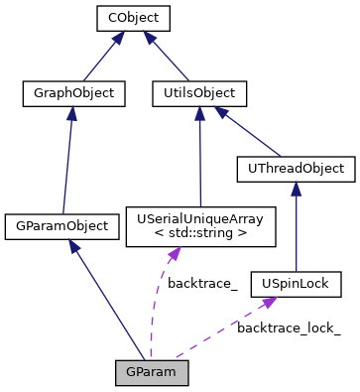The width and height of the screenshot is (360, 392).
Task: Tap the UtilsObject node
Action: [x=199, y=94]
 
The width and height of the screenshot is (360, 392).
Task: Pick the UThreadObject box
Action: [x=296, y=169]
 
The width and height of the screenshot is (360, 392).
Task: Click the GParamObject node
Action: [x=60, y=225]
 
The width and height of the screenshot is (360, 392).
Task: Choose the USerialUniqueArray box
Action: [x=200, y=225]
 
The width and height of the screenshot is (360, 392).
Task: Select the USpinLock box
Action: [x=297, y=285]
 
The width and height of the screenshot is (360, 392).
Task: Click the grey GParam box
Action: [x=151, y=373]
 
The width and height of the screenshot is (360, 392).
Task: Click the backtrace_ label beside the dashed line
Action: [x=202, y=284]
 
